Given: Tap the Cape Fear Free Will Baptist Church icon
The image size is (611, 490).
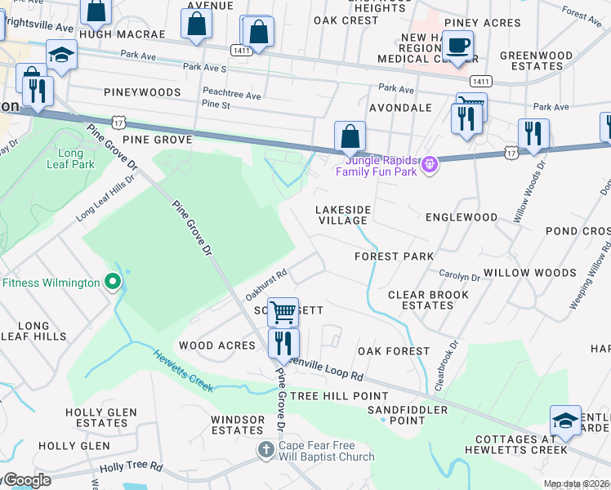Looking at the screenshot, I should pyautogui.click(x=265, y=449).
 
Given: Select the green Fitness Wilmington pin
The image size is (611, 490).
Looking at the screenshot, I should pyautogui.click(x=114, y=283).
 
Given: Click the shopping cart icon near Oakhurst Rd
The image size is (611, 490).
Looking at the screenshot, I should pyautogui.click(x=283, y=311).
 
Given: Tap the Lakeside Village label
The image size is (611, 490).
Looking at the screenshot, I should pyautogui.click(x=343, y=216).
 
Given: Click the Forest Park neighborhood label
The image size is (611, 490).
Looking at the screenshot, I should pyautogui.click(x=394, y=256).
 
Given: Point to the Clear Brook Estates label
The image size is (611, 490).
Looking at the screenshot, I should pyautogui.click(x=421, y=300).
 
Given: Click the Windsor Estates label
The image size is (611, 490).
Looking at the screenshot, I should pyautogui.click(x=238, y=425).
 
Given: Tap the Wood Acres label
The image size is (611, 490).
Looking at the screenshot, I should pyautogui.click(x=217, y=345).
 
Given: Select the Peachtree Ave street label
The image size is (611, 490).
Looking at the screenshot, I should pyautogui.click(x=231, y=96).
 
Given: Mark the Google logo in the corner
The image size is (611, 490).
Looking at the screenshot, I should pyautogui.click(x=26, y=480).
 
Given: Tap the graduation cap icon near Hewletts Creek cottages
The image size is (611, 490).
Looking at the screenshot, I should pyautogui.click(x=565, y=420).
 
